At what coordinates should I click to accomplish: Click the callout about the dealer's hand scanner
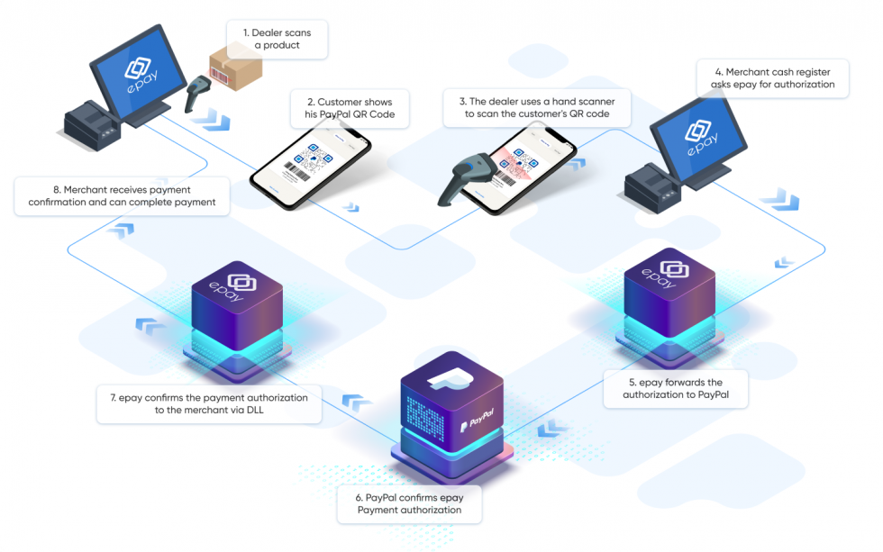[x=536, y=107]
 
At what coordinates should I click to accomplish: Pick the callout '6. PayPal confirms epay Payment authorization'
[x=410, y=503]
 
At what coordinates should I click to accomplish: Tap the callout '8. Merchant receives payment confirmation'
[x=122, y=196]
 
